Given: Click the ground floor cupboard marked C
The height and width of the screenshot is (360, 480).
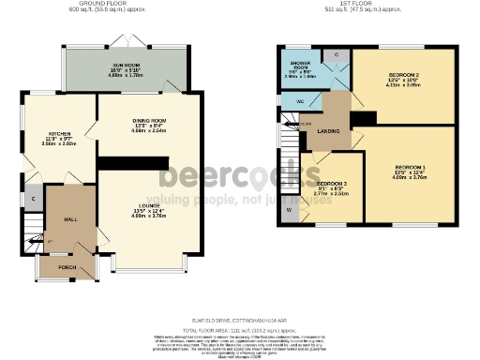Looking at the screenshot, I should pyautogui.click(x=33, y=200).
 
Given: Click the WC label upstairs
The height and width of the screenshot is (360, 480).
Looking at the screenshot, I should pyautogui.click(x=301, y=100).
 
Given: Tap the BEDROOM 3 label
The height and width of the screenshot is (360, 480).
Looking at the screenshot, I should pyautogui.click(x=332, y=184).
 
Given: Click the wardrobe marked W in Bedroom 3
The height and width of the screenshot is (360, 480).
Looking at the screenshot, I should pyautogui.click(x=290, y=209).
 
